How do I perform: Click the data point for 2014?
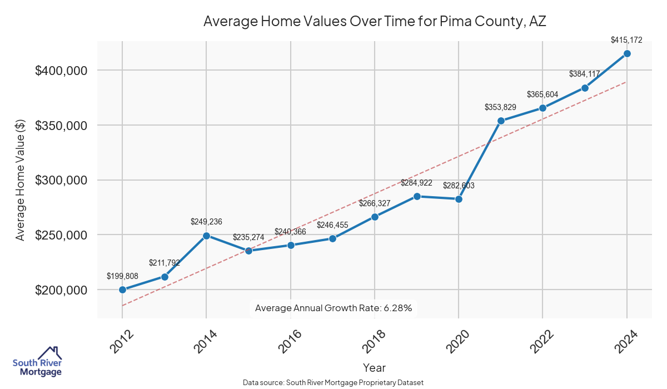point(206,236)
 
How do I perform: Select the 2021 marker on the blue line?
point(501,121)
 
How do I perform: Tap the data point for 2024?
point(627,53)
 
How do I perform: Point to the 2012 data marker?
point(122,290)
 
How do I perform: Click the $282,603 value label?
point(459,186)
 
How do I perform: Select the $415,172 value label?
point(626,40)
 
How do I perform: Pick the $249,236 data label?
point(206,222)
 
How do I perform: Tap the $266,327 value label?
point(375,203)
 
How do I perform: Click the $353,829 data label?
point(501,107)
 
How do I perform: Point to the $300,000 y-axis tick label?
point(61,181)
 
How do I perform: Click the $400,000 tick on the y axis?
point(61,71)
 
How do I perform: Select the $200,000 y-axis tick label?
point(61,290)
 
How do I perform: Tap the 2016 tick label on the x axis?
point(290,340)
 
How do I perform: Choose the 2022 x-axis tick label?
point(542,340)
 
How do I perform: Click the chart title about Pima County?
point(376,22)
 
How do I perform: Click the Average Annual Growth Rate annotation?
point(333,308)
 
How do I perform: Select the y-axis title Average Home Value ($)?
point(20,181)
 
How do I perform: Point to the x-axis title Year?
point(374,368)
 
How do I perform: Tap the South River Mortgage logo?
point(37,362)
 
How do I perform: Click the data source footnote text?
point(333,383)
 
